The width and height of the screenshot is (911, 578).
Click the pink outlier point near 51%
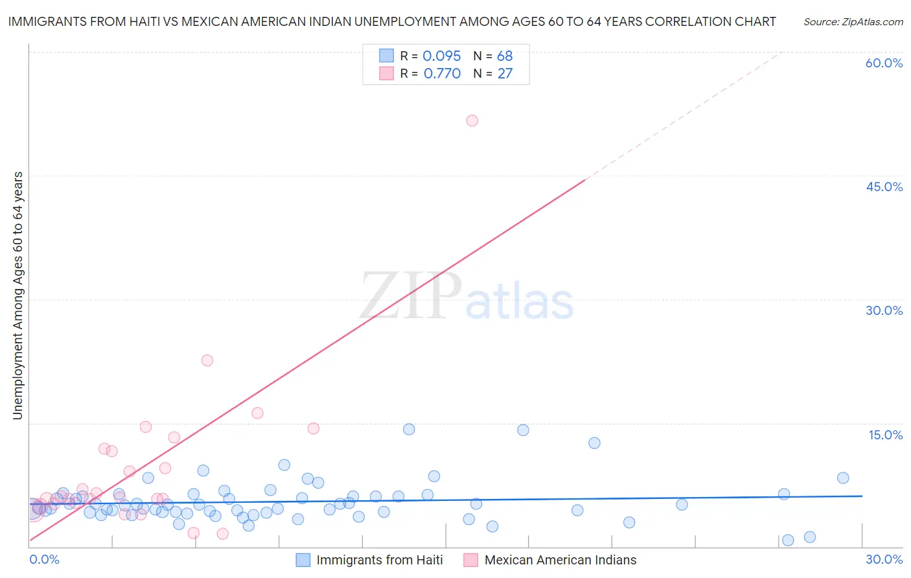[x=472, y=121]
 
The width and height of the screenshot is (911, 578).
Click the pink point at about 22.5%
[x=207, y=360]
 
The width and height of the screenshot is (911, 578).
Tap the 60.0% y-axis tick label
[x=884, y=63]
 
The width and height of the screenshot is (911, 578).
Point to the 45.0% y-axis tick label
[x=884, y=187]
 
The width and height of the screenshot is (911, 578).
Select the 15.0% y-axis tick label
[x=885, y=435]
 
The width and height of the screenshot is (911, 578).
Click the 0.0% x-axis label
[x=44, y=559]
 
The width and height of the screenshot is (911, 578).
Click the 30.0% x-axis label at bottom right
[x=884, y=559]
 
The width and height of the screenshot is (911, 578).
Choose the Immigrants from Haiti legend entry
[x=379, y=560]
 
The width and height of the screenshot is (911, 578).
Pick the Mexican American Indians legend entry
[x=560, y=560]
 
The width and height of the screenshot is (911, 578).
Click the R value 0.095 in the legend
[x=441, y=56]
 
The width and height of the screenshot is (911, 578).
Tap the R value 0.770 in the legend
[x=442, y=74]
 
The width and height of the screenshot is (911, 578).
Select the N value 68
[x=505, y=56]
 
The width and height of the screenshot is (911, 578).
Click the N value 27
[x=505, y=74]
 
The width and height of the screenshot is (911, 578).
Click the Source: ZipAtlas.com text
[x=853, y=22]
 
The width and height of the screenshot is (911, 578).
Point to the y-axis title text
[x=17, y=295]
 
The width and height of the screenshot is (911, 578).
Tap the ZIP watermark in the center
[x=411, y=297]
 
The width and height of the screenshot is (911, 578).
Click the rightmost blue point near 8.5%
[x=843, y=478]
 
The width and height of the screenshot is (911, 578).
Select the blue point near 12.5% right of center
[x=594, y=443]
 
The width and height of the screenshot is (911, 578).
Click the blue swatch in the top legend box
[x=387, y=56]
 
